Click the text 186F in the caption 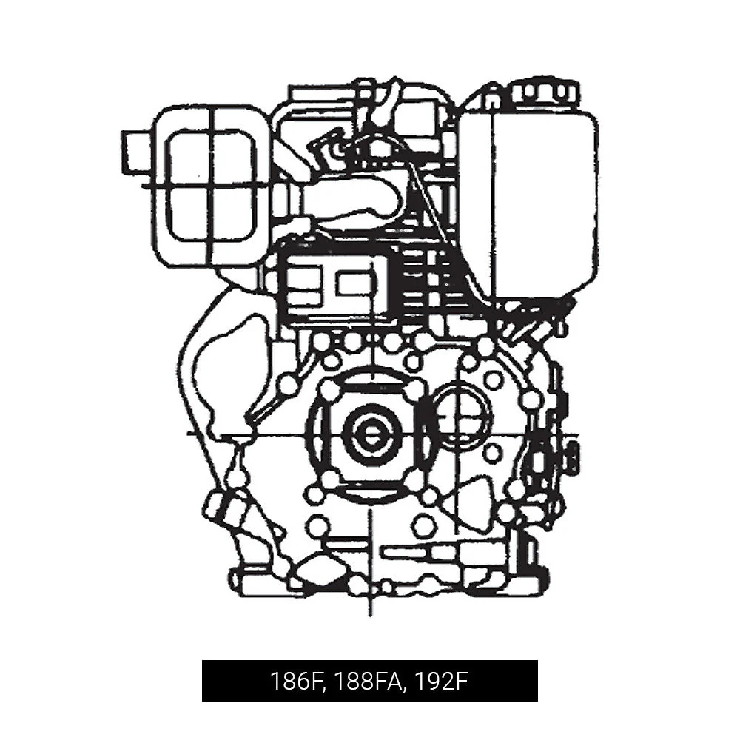pyautogui.click(x=293, y=681)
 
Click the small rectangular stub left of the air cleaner pyautogui.click(x=135, y=152)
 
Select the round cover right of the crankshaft pyautogui.click(x=462, y=411)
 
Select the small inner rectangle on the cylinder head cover pyautogui.click(x=352, y=283)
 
